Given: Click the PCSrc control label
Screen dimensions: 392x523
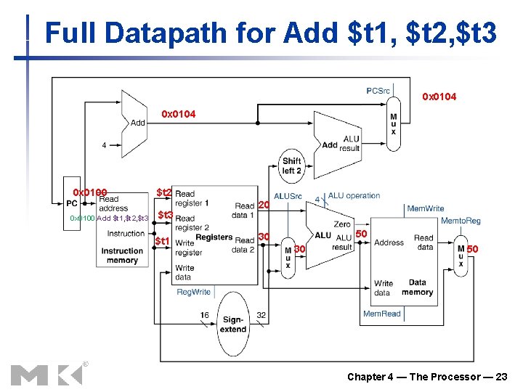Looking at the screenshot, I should (378, 91).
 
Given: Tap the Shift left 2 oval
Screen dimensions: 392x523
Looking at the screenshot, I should (291, 166).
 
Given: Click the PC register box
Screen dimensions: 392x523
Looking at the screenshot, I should (72, 203).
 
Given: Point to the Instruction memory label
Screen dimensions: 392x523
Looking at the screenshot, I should (122, 256).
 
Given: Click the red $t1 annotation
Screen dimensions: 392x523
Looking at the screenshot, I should (162, 241).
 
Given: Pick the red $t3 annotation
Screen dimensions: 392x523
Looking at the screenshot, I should (165, 216).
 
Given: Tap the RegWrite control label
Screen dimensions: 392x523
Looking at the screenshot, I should (194, 292).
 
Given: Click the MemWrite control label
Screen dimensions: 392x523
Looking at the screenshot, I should (425, 208).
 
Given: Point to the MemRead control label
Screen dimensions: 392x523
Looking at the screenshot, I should (381, 314).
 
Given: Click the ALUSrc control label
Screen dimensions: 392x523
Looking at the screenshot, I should (288, 196).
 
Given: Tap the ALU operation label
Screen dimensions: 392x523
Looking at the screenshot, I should (354, 195).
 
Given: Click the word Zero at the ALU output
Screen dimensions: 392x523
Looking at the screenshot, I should (341, 224).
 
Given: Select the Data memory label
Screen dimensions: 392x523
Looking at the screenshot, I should (417, 287).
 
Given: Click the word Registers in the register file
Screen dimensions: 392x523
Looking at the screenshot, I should (214, 237).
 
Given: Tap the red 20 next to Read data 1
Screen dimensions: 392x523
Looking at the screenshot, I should (264, 205).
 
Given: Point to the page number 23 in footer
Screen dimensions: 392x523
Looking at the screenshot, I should (500, 376).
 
